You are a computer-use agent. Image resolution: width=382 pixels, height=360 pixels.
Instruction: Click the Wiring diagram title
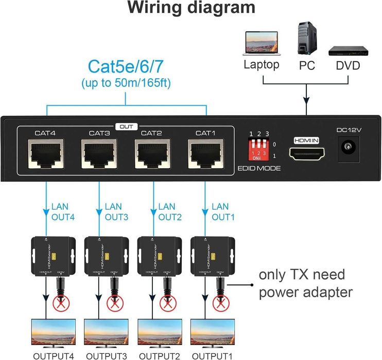(x=191, y=8)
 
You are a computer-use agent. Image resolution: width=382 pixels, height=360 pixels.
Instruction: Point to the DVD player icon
(x=348, y=50)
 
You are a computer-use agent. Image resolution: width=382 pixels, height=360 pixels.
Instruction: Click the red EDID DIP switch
(x=257, y=150)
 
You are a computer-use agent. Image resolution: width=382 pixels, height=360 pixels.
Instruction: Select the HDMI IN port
(x=307, y=153)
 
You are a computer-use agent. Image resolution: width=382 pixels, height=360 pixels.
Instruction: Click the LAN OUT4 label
(x=63, y=212)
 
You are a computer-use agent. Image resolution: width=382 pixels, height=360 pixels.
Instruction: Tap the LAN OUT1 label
(x=223, y=212)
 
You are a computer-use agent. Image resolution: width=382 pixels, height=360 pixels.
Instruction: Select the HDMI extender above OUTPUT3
(x=106, y=255)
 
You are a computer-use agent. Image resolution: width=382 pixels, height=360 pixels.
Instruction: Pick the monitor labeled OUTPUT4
(x=53, y=333)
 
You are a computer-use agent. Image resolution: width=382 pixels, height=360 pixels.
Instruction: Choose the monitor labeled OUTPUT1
(x=212, y=333)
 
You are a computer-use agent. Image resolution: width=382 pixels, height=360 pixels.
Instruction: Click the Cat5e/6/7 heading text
(x=126, y=67)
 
